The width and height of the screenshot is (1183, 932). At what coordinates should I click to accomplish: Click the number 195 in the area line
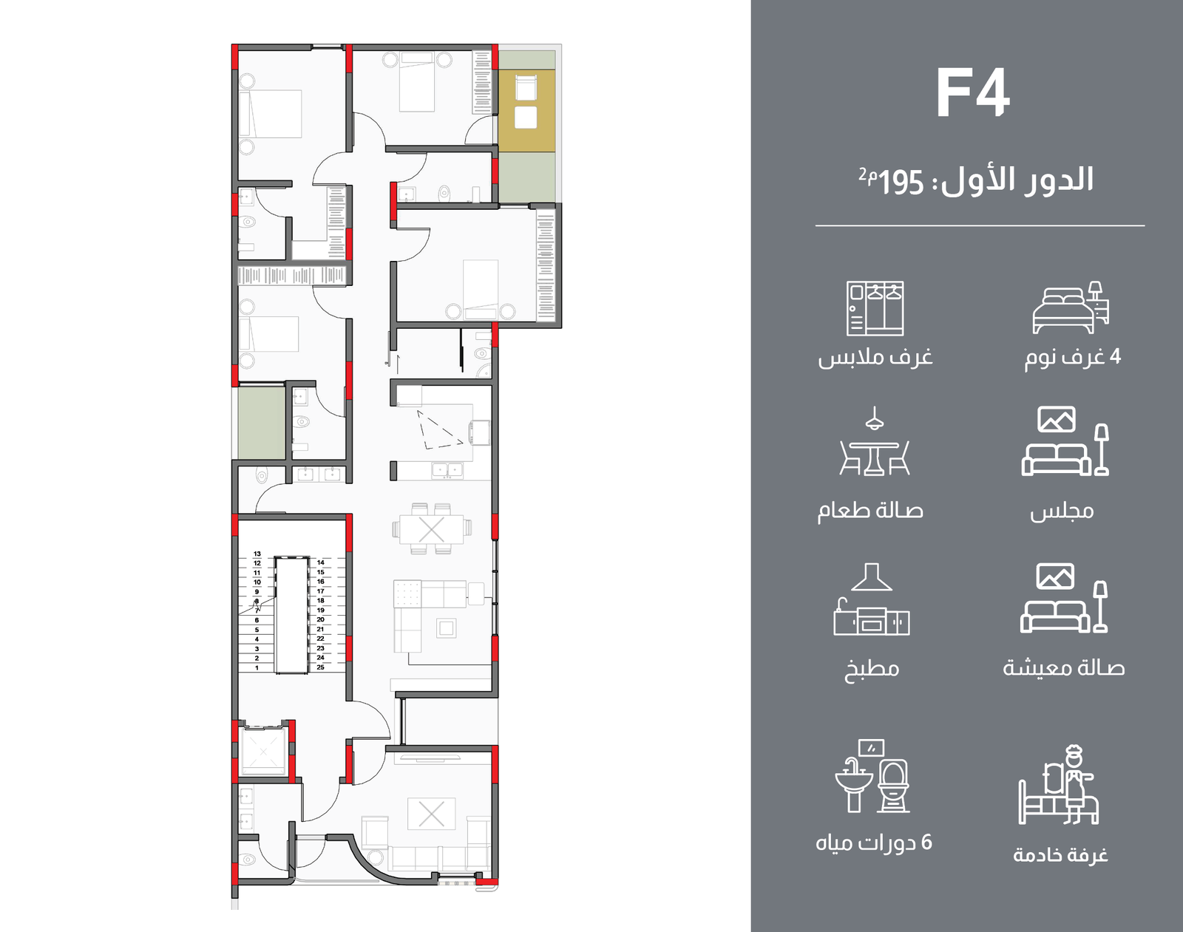coord(901,183)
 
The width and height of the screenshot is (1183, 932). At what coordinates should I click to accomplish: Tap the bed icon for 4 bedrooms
coord(1071,307)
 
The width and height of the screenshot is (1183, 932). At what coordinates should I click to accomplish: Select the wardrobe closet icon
coord(875,308)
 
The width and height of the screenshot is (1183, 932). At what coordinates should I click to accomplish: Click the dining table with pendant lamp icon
coord(874,441)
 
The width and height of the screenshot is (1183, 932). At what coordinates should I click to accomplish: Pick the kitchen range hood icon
coord(871,599)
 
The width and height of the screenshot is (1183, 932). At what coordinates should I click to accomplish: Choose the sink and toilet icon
coord(872,776)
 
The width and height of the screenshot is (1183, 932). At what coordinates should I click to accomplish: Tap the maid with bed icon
coord(1058,785)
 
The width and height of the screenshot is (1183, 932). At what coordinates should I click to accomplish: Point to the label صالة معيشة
coord(1063,668)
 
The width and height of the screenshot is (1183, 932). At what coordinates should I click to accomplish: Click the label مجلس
coord(1062,511)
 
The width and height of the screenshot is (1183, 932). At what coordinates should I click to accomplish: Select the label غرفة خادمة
coord(1060,855)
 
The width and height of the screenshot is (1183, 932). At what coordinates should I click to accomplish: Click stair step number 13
coord(257,554)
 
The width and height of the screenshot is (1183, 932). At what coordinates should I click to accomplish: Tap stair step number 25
coord(320,667)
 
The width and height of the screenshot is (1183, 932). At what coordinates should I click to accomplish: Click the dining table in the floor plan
coord(432,529)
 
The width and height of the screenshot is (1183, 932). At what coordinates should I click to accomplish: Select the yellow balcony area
coord(526,110)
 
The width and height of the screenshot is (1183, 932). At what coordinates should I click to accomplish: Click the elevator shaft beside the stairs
coord(262,751)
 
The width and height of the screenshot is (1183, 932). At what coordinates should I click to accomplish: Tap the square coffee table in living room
coord(446,627)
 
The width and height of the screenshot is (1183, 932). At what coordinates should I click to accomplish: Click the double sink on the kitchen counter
coord(447,470)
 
